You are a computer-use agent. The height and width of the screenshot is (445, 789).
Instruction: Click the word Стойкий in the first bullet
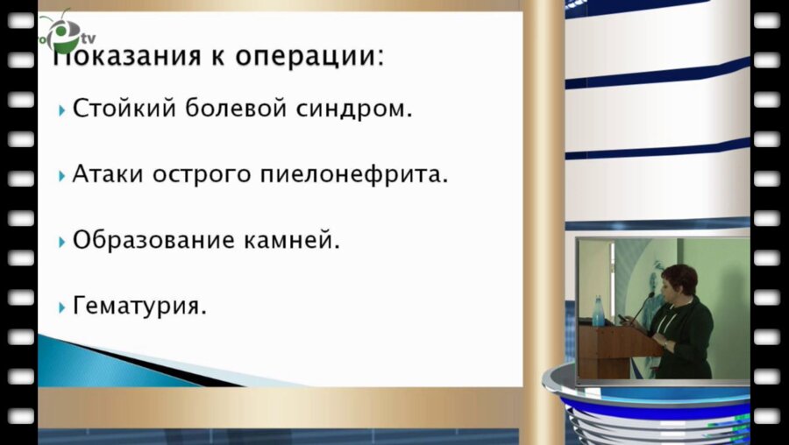(124, 109)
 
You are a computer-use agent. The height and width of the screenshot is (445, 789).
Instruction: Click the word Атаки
(108, 174)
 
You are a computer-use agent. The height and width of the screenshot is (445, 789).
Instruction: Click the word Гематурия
(139, 307)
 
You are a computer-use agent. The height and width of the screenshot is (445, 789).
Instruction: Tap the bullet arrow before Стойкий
(62, 111)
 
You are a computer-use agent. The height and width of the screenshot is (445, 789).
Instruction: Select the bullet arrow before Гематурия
(62, 307)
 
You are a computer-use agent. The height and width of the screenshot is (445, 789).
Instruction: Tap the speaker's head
(679, 281)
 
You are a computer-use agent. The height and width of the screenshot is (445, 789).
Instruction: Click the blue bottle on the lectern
(599, 310)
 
